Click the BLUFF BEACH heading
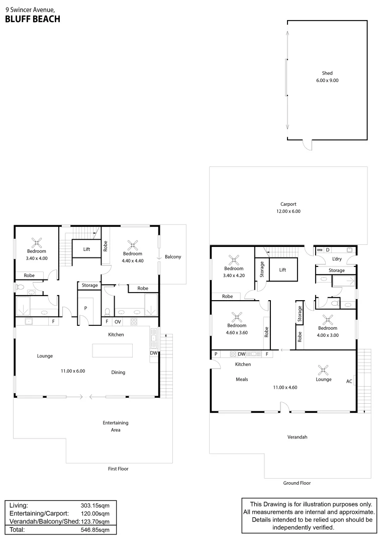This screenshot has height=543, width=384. pyautogui.click(x=33, y=19)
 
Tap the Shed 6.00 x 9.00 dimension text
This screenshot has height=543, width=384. pyautogui.click(x=327, y=80)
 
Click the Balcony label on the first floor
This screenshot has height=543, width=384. pyautogui.click(x=173, y=257)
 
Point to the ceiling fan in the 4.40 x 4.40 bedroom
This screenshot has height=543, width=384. pyautogui.click(x=133, y=245)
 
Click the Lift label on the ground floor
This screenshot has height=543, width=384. pyautogui.click(x=282, y=270)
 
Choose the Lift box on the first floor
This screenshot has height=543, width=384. pyautogui.click(x=86, y=249)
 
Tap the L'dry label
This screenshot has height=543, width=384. pyautogui.click(x=337, y=259)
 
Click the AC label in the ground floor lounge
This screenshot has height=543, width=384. pyautogui.click(x=349, y=381)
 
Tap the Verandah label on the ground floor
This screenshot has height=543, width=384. pyautogui.click(x=297, y=437)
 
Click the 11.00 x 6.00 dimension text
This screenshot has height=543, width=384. pyautogui.click(x=73, y=372)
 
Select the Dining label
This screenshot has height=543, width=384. pyautogui.click(x=118, y=373)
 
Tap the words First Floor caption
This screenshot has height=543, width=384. pyautogui.click(x=118, y=469)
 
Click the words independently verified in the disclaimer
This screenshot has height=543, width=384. pyautogui.click(x=303, y=528)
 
